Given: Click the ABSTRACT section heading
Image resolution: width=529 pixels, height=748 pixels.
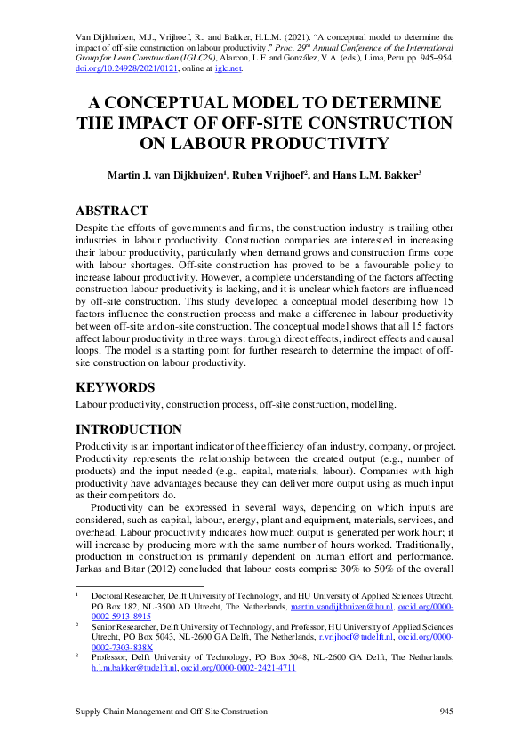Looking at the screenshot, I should point(112,211).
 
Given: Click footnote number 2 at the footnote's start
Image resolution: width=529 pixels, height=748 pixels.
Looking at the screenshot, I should point(78,626).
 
